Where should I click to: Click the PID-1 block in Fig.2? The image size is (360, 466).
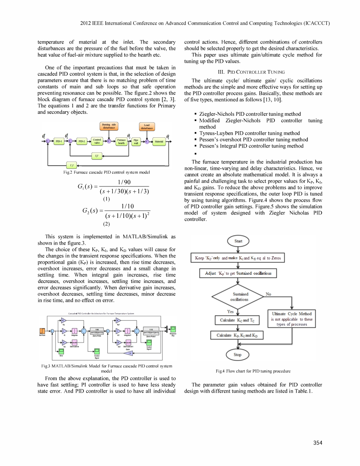[59, 141]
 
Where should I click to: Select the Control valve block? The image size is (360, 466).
[97, 141]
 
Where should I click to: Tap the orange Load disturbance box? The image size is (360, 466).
[147, 127]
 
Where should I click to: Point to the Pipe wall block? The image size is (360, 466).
[136, 141]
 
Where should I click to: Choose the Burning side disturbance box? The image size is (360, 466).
[109, 126]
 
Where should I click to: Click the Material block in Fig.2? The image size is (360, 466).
[159, 142]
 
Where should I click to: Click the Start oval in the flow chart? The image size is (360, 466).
[238, 241]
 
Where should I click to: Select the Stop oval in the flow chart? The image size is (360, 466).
[237, 355]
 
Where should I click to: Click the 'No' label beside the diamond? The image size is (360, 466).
[268, 294]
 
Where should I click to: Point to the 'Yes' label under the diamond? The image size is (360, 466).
[230, 311]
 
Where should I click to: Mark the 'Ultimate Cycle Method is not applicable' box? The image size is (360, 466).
[292, 319]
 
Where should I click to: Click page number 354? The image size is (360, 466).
[318, 443]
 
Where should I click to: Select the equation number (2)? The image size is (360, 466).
[106, 224]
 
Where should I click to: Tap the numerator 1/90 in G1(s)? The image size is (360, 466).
[124, 182]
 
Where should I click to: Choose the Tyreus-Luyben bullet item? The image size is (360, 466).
[249, 133]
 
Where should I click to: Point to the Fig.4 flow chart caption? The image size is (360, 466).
[253, 371]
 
